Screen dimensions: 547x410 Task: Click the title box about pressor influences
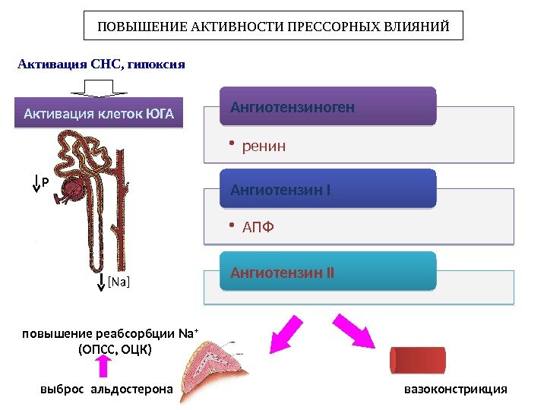[273, 26]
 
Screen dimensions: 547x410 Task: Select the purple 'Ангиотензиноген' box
[328, 106]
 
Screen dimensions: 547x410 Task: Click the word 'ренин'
[264, 145]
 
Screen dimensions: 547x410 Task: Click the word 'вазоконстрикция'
[455, 389]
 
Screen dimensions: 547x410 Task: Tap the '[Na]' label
[118, 282]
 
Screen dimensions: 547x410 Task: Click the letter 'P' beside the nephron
[45, 183]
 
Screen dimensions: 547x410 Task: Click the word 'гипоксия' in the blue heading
[157, 64]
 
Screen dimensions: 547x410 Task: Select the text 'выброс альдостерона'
[106, 389]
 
